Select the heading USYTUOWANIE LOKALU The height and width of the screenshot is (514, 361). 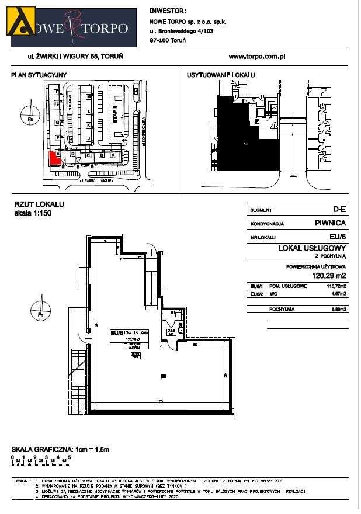(221, 75)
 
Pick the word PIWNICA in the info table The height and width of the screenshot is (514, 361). (331, 223)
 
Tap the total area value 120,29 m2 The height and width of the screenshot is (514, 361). (330, 276)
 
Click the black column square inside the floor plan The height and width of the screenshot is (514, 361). (162, 376)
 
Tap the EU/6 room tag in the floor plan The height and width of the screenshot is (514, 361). (116, 333)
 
